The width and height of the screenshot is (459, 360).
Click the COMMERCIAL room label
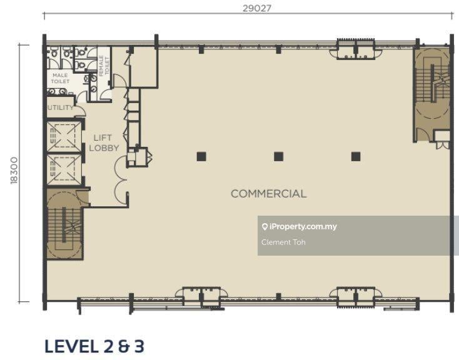(x=268, y=194)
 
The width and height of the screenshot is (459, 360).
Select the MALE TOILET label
(x=60, y=79)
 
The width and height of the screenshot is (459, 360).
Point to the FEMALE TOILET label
(x=104, y=66)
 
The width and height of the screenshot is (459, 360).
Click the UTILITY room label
(x=61, y=107)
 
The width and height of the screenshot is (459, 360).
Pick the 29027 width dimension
(x=257, y=8)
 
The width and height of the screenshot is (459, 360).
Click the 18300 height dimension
(x=14, y=171)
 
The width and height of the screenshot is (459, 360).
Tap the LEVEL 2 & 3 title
(x=94, y=346)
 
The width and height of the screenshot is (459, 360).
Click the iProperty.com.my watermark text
(x=303, y=226)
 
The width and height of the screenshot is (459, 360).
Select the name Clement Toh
(x=283, y=242)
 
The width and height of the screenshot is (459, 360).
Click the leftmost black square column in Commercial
(x=201, y=157)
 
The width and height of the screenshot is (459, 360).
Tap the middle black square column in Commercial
(x=278, y=157)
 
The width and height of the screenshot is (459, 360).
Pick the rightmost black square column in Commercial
(x=356, y=157)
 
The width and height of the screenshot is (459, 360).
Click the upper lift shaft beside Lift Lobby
(x=64, y=136)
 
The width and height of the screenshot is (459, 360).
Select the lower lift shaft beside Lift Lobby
(x=64, y=169)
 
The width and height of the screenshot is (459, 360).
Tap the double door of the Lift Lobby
(x=121, y=180)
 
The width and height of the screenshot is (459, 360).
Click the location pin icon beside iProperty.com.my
(x=265, y=227)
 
